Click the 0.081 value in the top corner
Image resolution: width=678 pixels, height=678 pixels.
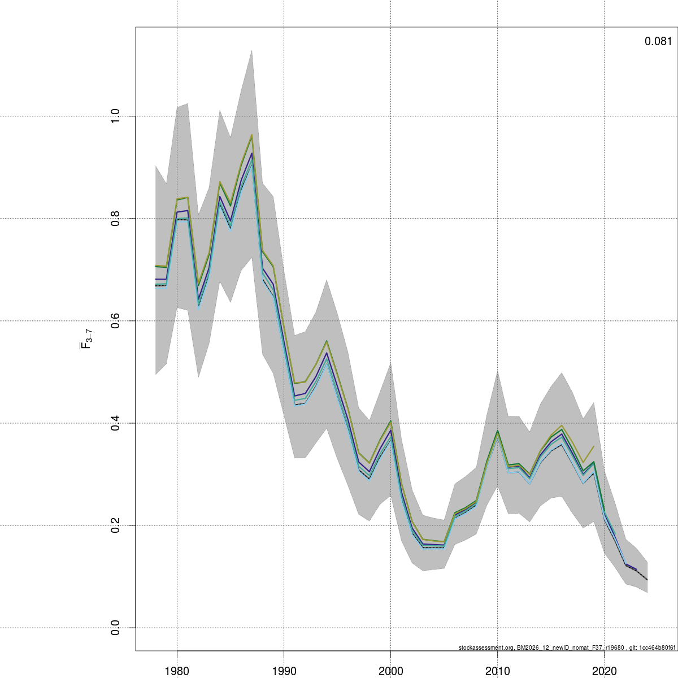point(658,41)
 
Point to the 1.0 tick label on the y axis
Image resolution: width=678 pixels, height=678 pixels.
point(115,116)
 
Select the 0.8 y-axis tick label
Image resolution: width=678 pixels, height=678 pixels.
point(115,219)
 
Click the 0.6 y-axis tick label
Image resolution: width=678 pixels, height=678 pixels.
point(115,321)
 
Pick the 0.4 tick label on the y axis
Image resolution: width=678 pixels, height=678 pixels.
point(115,423)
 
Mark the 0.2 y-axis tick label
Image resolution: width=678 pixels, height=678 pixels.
point(115,525)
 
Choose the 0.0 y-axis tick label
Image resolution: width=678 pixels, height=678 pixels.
point(115,628)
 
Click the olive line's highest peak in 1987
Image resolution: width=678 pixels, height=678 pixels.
point(251,135)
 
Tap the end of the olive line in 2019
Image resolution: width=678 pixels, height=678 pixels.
point(594,446)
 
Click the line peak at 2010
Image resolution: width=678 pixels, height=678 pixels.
point(497,431)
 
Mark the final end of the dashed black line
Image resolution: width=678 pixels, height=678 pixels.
point(647,580)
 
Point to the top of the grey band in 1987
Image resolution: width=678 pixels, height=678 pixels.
point(251,50)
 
